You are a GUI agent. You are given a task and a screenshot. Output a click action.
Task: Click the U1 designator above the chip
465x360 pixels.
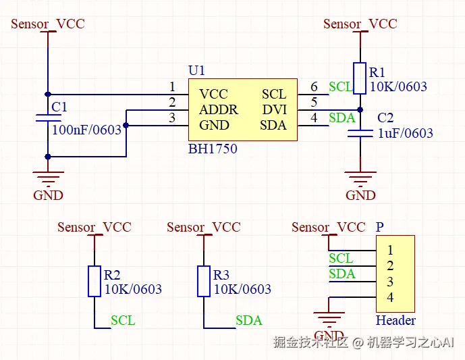tap(196, 71)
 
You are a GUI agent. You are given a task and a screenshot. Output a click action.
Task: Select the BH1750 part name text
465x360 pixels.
tap(213, 149)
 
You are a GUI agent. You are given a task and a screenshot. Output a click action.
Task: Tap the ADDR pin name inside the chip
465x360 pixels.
tap(218, 109)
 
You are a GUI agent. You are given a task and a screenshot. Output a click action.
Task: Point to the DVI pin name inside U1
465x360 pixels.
tap(274, 109)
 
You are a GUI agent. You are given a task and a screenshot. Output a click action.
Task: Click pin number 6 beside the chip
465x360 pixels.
tap(314, 87)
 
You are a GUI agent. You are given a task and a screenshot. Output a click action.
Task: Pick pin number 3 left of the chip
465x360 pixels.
tap(172, 118)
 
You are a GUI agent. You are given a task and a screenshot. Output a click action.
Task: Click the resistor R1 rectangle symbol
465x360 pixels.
tap(360, 78)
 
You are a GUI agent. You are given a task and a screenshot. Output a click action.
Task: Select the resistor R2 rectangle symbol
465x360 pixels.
tap(95, 281)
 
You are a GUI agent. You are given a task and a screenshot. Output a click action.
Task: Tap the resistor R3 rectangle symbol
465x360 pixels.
tap(204, 281)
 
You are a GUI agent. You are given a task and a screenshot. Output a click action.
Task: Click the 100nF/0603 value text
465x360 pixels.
tap(86, 130)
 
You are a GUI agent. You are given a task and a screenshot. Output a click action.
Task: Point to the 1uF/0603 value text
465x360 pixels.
tap(405, 133)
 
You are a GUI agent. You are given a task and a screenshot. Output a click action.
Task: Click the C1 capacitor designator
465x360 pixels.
tap(59, 107)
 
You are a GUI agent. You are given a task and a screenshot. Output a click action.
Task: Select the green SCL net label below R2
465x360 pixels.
tap(123, 320)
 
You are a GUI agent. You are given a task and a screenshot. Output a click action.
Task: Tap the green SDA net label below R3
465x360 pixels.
tap(248, 320)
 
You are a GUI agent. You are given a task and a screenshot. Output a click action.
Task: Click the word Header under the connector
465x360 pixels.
tap(395, 320)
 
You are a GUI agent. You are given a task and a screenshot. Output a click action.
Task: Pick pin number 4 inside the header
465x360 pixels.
tap(390, 298)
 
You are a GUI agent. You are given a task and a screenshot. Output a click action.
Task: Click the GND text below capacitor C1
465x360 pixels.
tap(48, 195)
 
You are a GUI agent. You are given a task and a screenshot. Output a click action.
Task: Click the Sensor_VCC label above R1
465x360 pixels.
tap(360, 24)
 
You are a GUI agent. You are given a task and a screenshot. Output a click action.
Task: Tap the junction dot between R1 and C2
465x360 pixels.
tap(360, 109)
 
